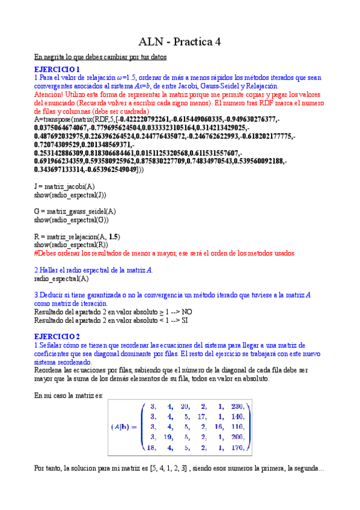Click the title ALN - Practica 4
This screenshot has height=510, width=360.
click(180, 41)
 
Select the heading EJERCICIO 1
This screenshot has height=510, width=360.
click(56, 70)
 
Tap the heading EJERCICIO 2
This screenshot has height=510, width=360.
click(56, 336)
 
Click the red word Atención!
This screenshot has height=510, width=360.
click(52, 95)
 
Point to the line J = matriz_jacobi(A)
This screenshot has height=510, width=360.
click(63, 187)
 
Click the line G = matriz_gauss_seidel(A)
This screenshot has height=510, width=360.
click(75, 212)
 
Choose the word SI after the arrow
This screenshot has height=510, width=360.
click(185, 320)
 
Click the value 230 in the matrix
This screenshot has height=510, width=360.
click(239, 406)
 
